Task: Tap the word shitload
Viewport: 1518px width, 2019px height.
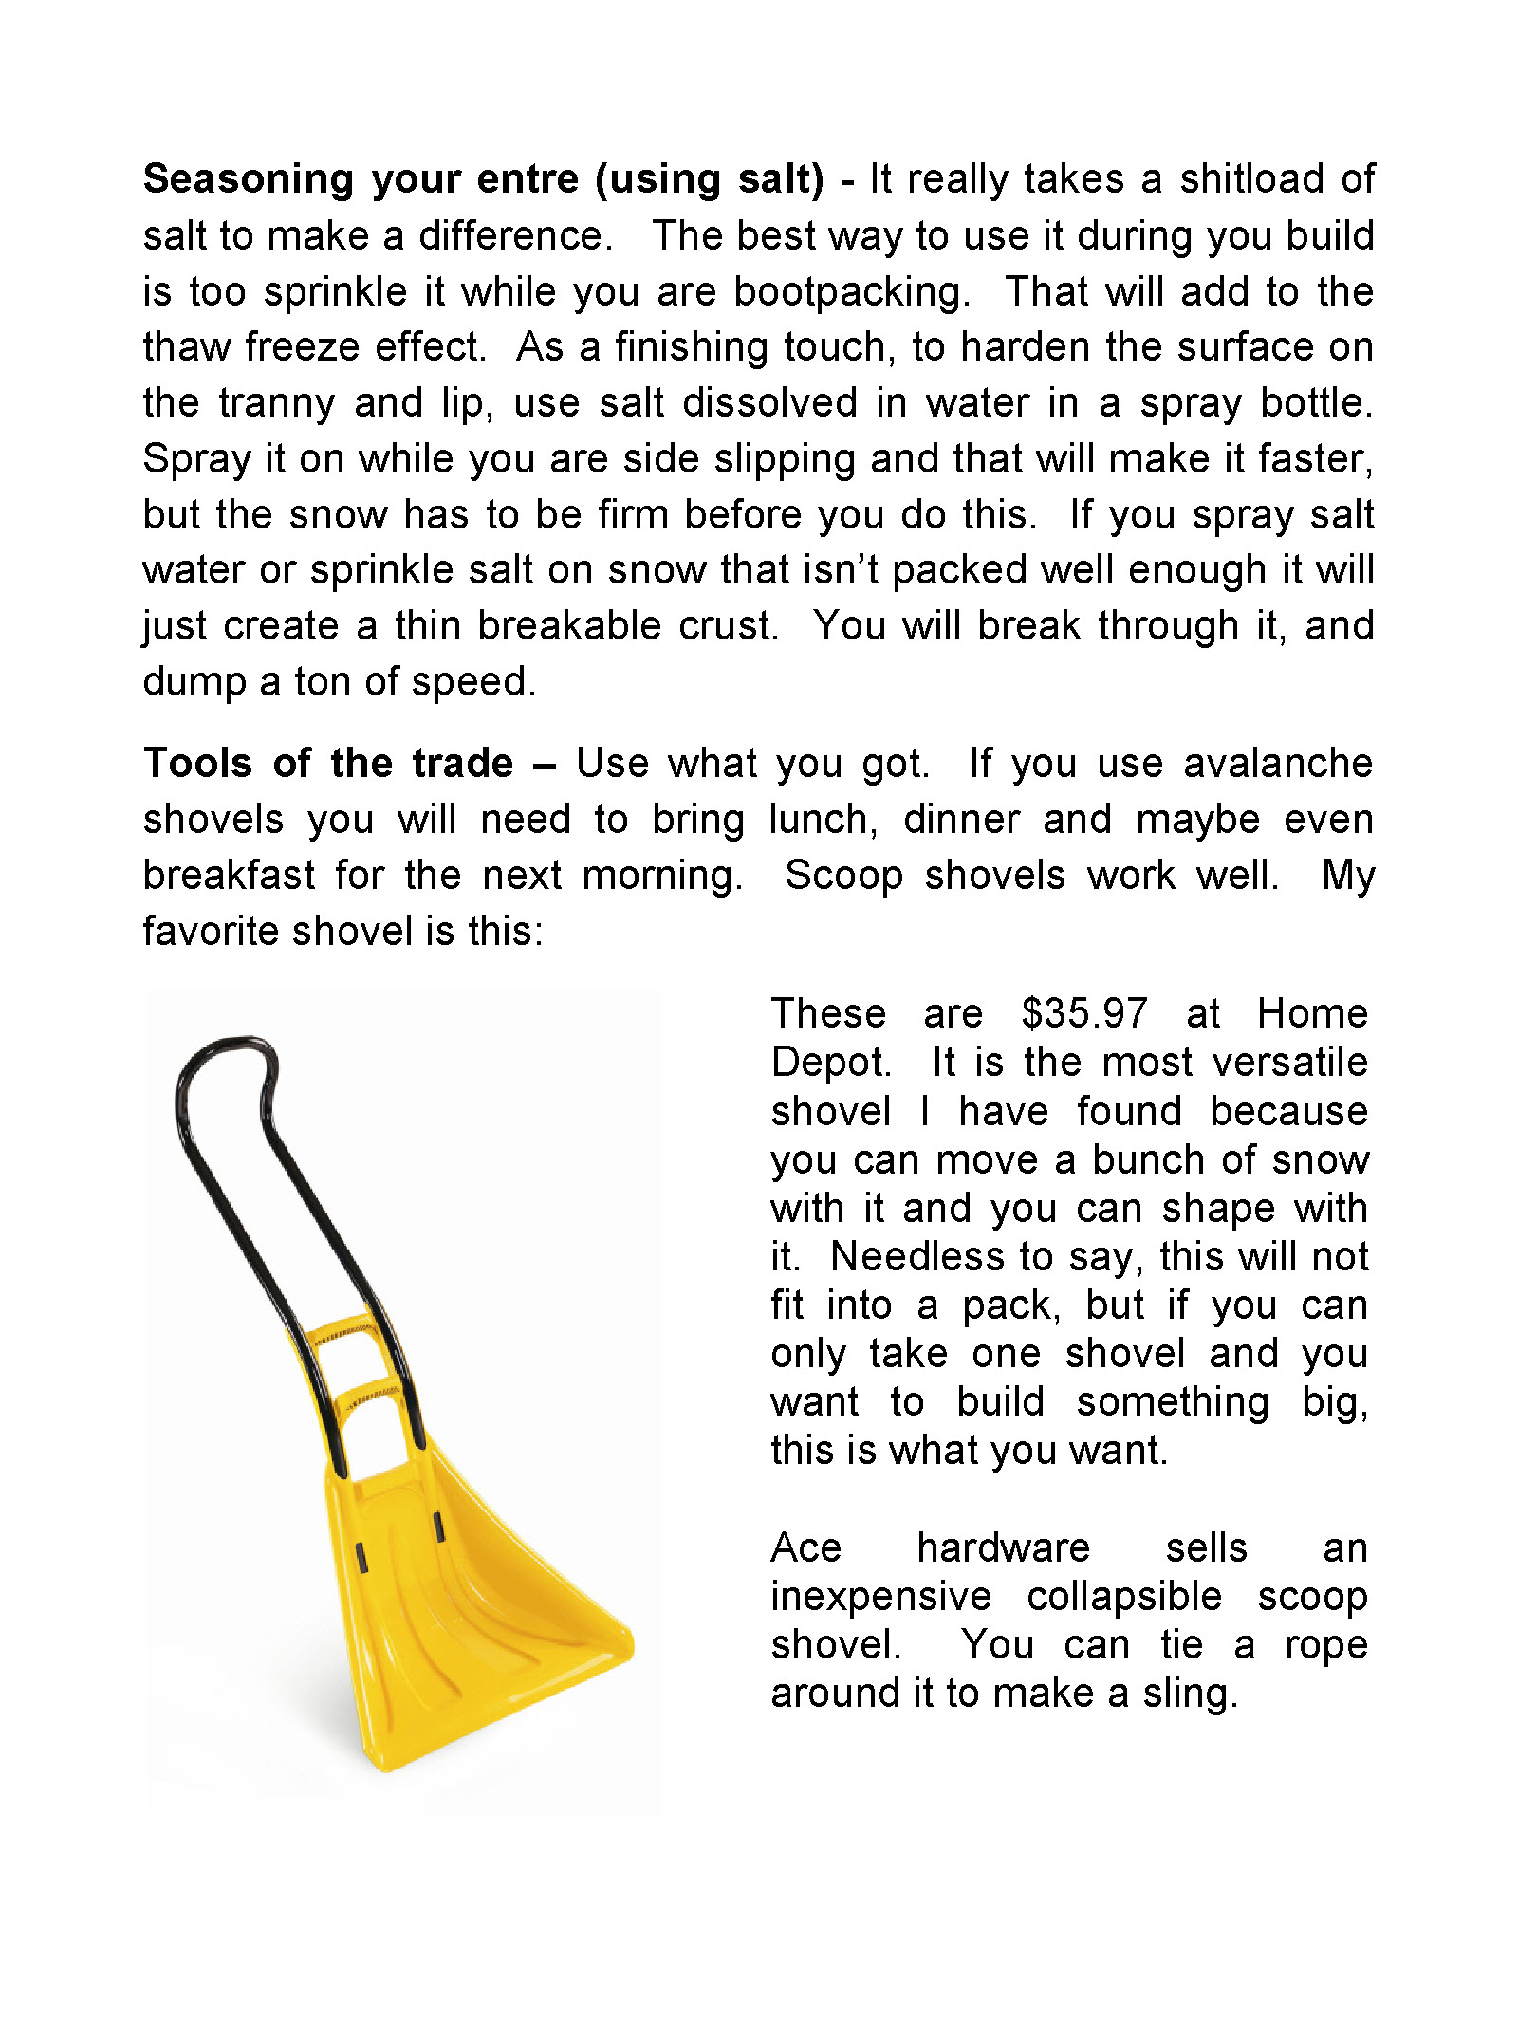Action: coord(1250,178)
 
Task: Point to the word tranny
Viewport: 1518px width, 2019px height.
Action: coord(276,403)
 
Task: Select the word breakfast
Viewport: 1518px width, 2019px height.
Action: coord(229,875)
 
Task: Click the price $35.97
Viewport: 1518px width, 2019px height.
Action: coord(1083,1013)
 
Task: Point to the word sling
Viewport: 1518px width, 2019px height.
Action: coord(1190,1695)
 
